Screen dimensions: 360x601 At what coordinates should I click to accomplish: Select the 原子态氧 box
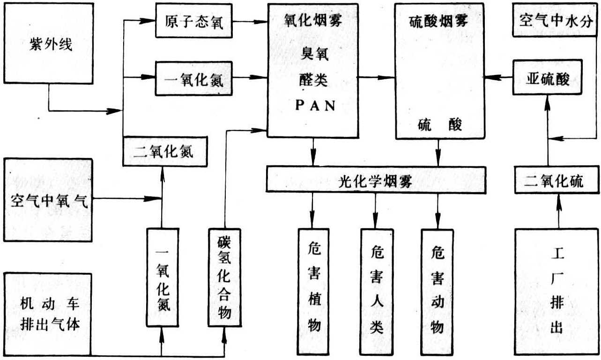(x=194, y=22)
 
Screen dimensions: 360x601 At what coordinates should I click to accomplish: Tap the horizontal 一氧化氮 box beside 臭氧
(x=194, y=80)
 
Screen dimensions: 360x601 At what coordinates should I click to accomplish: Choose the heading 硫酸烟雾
(x=438, y=21)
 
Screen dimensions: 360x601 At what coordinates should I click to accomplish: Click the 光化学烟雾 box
(x=375, y=180)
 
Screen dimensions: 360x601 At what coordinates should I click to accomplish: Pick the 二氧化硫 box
(x=556, y=180)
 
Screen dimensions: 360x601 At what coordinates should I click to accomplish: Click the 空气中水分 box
(x=556, y=21)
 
